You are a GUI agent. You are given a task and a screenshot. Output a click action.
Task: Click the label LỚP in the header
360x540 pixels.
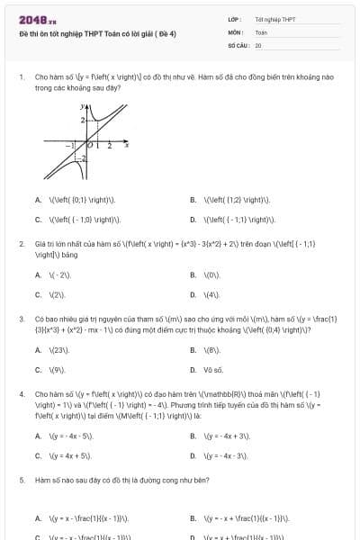[233, 19]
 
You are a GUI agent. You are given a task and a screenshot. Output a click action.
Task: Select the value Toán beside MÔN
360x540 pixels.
[260, 31]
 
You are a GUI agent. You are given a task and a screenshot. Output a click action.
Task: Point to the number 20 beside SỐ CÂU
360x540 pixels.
[258, 44]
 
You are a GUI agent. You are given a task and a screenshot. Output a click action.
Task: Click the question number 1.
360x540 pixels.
[21, 78]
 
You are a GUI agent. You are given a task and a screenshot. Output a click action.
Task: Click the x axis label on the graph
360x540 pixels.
[126, 143]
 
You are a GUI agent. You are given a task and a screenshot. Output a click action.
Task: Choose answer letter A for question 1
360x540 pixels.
[38, 200]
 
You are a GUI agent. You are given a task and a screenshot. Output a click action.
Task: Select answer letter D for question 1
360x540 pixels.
[193, 219]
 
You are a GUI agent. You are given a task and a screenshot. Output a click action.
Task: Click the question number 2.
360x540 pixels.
[21, 244]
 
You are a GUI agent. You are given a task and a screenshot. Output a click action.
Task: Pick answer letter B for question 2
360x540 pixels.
[193, 274]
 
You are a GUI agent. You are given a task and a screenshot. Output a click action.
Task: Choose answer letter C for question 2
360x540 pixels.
[38, 294]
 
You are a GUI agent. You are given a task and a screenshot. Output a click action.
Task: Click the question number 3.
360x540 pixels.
[21, 319]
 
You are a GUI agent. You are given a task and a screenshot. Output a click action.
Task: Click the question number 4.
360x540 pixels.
[21, 394]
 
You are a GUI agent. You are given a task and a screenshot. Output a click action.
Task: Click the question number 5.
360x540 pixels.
[21, 481]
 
